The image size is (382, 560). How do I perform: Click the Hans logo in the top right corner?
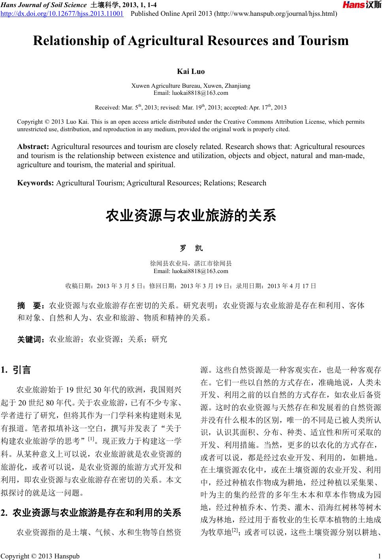[x=361, y=5]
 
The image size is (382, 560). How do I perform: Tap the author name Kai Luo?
[x=191, y=72]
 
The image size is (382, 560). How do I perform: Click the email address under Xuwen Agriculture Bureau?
[x=191, y=93]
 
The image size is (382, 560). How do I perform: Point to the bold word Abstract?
[x=33, y=147]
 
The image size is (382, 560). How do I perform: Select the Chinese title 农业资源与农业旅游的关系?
[x=191, y=216]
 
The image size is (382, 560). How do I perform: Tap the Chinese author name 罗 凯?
[x=191, y=248]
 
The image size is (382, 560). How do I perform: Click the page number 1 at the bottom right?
[x=378, y=556]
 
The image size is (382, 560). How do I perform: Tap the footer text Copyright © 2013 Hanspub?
[x=40, y=556]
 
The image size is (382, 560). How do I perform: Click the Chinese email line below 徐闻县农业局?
[x=191, y=271]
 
